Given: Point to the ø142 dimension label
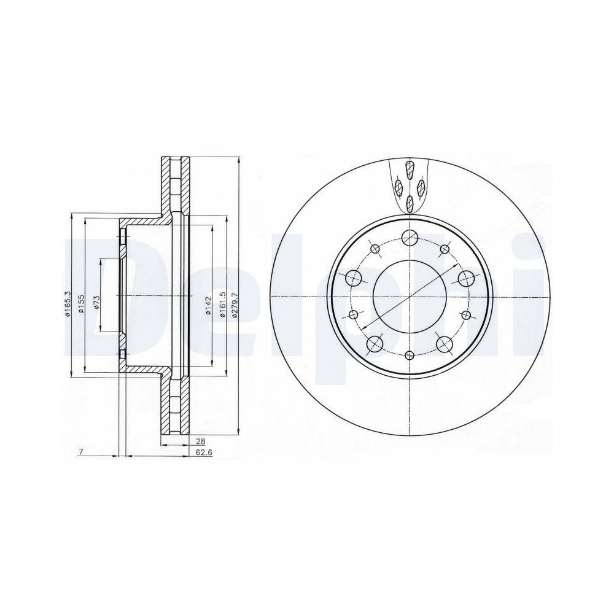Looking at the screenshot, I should [208, 305].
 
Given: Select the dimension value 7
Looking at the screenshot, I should [81, 452].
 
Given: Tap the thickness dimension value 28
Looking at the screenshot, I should [200, 441].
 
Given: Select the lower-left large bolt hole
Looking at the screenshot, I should [374, 344].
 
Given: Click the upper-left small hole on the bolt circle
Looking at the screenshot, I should [375, 249].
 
